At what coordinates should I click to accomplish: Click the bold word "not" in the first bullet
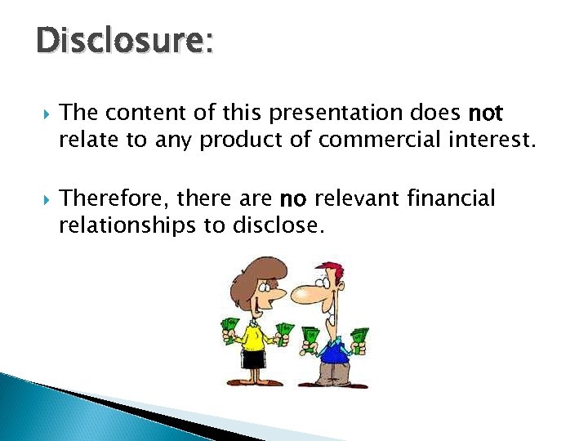coord(485,113)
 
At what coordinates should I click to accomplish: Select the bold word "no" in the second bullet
coord(293,198)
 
